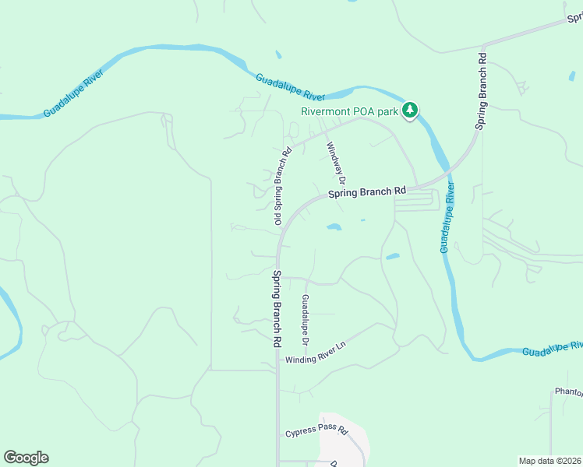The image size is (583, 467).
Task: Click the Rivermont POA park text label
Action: [350, 111]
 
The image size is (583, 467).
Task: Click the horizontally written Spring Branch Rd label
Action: [367, 191]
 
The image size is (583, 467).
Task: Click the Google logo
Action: [26, 458]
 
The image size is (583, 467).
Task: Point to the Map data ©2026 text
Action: [549, 461]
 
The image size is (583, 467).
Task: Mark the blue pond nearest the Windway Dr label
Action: [334, 227]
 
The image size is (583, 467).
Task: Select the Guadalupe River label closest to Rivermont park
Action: [290, 86]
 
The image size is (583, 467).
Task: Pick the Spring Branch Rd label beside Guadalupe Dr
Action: [277, 308]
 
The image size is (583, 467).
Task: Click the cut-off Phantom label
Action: [568, 392]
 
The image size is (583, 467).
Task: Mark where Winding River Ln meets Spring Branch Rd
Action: [277, 360]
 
